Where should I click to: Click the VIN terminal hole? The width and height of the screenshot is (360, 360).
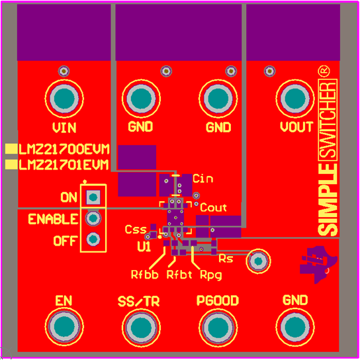[64, 99]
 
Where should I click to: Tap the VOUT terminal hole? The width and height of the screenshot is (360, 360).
[295, 99]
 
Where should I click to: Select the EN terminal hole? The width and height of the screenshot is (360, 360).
[64, 326]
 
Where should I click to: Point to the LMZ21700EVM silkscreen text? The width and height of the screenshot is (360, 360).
[64, 150]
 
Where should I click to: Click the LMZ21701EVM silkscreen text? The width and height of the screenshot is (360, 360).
[64, 165]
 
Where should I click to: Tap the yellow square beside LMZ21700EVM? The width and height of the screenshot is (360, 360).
[11, 149]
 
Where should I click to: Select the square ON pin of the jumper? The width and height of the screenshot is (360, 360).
[93, 197]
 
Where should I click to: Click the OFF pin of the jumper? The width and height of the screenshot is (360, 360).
[93, 240]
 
